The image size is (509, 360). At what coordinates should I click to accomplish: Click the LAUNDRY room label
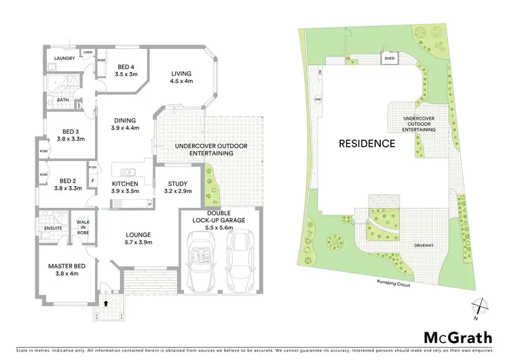tap(60, 58)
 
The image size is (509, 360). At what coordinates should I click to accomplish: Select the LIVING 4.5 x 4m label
tap(181, 77)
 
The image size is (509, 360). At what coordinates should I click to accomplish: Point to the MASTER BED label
tap(65, 269)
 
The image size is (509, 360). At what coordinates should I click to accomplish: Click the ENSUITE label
tap(53, 228)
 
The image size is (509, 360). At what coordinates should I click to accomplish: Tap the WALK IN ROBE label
tap(83, 227)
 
